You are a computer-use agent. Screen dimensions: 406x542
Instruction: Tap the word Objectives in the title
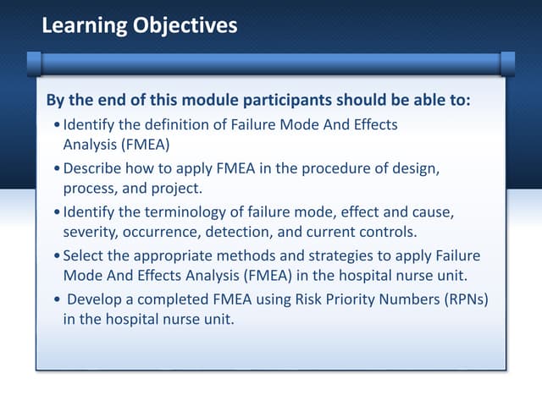pos(185,26)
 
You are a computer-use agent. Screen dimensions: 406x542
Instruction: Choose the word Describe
pos(95,167)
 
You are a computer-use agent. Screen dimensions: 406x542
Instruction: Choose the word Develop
pos(96,299)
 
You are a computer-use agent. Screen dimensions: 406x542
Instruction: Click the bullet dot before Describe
pos(56,168)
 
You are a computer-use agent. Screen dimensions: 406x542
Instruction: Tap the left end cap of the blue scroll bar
pos(34,63)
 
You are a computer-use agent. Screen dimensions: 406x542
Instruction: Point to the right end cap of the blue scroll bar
pos(507,63)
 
